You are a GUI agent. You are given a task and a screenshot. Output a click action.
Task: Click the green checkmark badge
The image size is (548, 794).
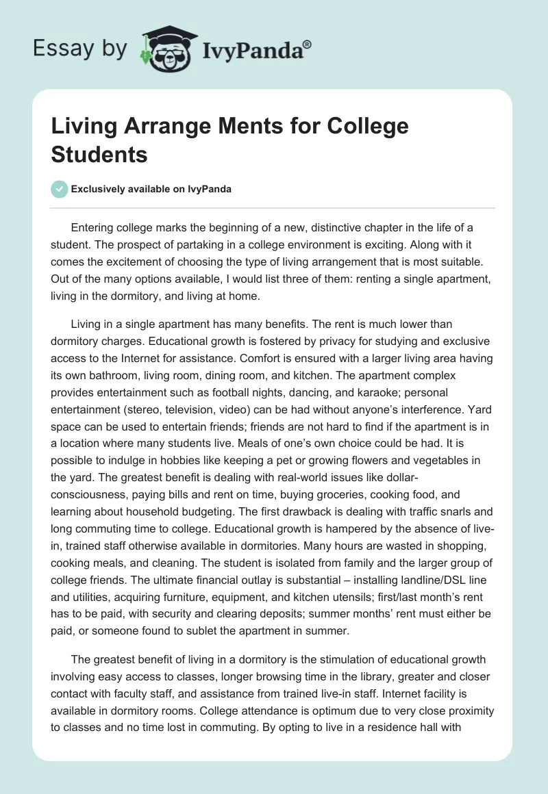tap(60, 189)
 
